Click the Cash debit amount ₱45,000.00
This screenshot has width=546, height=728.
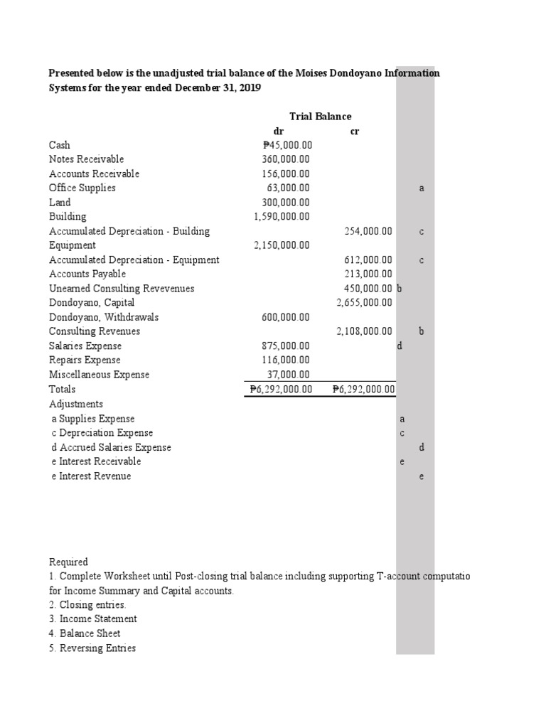point(282,145)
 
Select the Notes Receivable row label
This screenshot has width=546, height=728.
point(86,159)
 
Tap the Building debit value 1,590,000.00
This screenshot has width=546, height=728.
point(282,217)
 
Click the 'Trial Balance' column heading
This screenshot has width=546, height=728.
point(320,117)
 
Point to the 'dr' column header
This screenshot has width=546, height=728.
point(279,131)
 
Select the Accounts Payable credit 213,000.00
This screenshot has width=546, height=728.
point(368,274)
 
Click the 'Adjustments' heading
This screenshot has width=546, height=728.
point(76,404)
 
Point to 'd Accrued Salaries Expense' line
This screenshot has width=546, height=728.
point(111,447)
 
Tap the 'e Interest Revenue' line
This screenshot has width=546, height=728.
point(91,476)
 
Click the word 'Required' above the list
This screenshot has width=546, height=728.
point(68,562)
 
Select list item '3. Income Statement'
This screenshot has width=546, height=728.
point(92,619)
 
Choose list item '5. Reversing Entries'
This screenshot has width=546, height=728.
point(92,648)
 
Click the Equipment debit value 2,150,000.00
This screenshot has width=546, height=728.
point(282,245)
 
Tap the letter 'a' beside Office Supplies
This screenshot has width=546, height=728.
point(422,188)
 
